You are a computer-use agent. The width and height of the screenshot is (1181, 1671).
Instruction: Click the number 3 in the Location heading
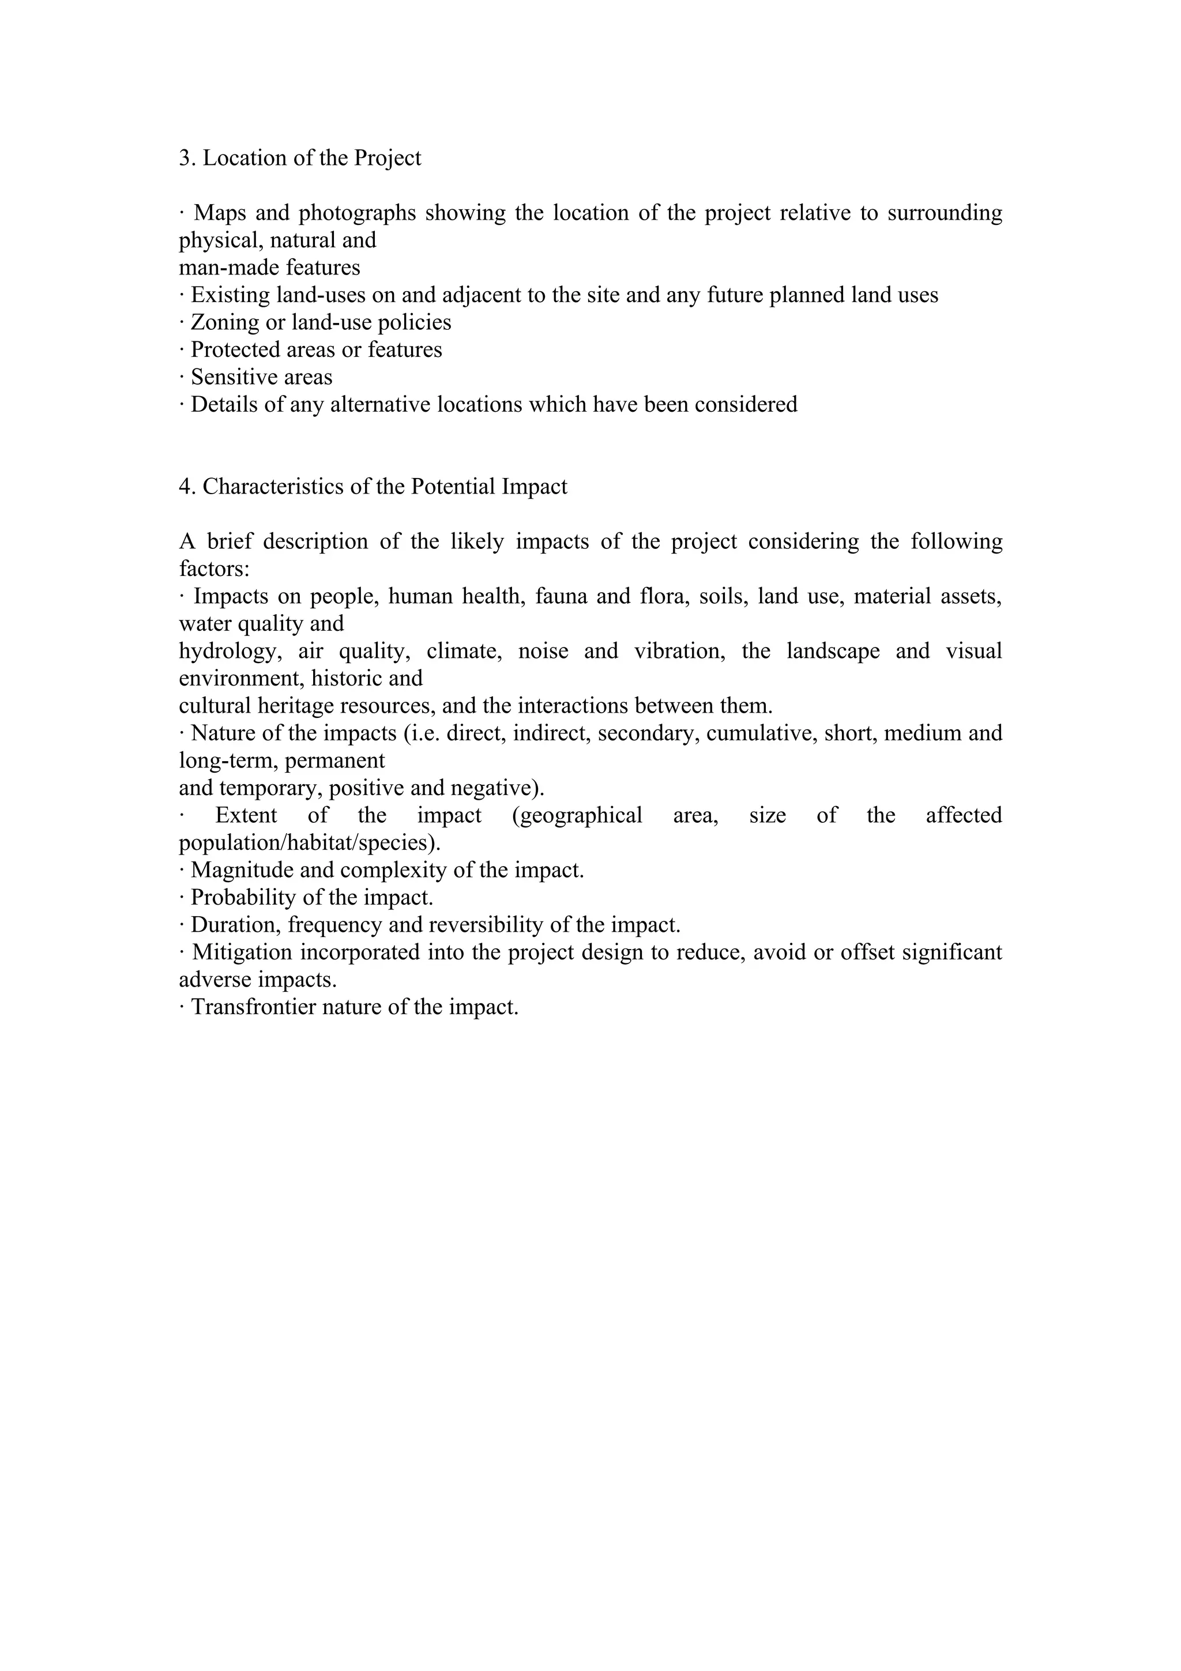tap(185, 159)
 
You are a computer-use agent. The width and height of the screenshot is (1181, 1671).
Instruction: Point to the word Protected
tap(234, 350)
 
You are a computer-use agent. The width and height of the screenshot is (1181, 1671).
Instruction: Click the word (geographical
tap(577, 815)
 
